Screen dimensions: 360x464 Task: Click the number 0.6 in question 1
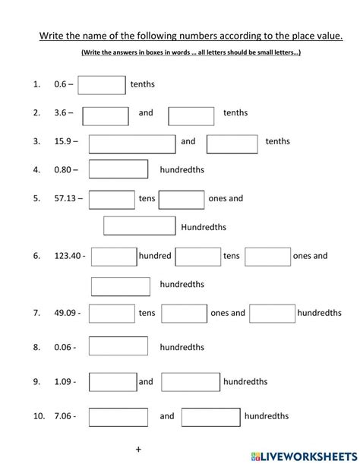60,85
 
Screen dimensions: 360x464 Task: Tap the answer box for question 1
102,85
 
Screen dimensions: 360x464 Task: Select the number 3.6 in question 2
60,113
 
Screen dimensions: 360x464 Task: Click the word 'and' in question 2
146,113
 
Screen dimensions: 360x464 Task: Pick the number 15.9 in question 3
63,141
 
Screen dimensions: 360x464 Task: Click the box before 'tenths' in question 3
232,143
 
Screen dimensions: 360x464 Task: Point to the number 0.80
64,170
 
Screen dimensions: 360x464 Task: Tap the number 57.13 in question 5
65,199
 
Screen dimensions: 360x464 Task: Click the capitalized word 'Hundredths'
204,227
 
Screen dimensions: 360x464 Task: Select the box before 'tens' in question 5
112,199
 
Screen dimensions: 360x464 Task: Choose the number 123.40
68,257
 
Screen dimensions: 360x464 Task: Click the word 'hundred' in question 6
155,257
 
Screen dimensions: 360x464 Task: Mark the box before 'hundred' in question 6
114,257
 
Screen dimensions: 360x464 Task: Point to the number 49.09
65,313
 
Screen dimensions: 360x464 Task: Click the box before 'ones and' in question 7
185,313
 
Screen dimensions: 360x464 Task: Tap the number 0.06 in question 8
64,348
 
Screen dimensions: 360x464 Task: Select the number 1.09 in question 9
64,382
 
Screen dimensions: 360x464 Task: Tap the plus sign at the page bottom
138,449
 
